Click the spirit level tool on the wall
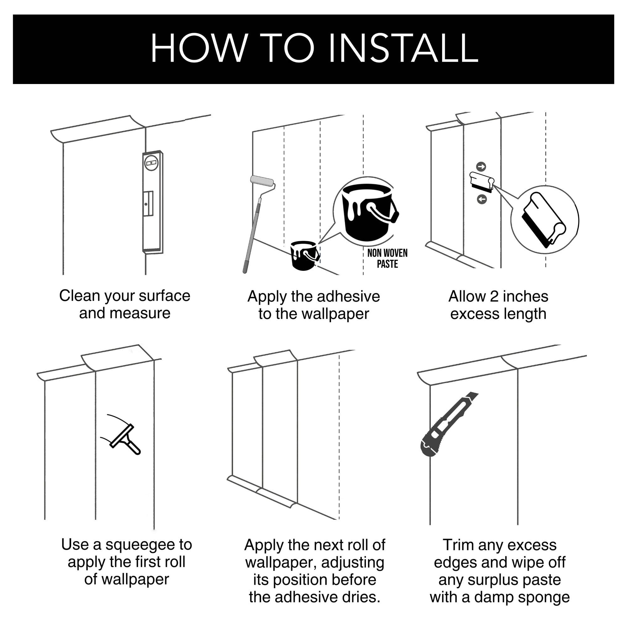pyautogui.click(x=153, y=202)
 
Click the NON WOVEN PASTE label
pyautogui.click(x=387, y=259)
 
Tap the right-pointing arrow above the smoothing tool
pyautogui.click(x=482, y=167)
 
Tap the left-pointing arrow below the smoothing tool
pyautogui.click(x=482, y=199)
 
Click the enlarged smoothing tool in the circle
pyautogui.click(x=544, y=220)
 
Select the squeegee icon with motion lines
pyautogui.click(x=122, y=434)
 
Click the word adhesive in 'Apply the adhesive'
pyautogui.click(x=348, y=296)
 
